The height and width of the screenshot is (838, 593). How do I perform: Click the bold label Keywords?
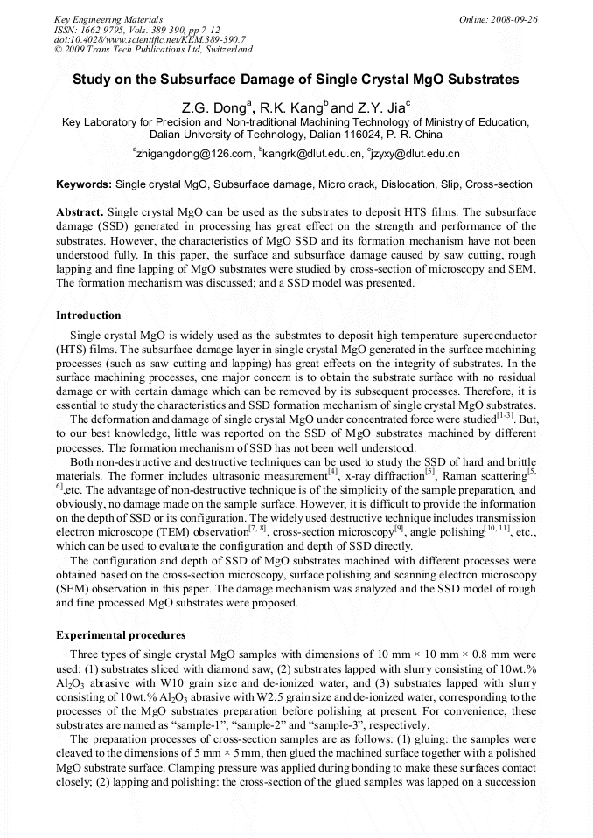point(84,185)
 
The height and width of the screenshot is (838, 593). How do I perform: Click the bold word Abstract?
point(80,213)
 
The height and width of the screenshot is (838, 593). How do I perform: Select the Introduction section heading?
point(88,315)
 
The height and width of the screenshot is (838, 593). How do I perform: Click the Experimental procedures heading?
point(119,634)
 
